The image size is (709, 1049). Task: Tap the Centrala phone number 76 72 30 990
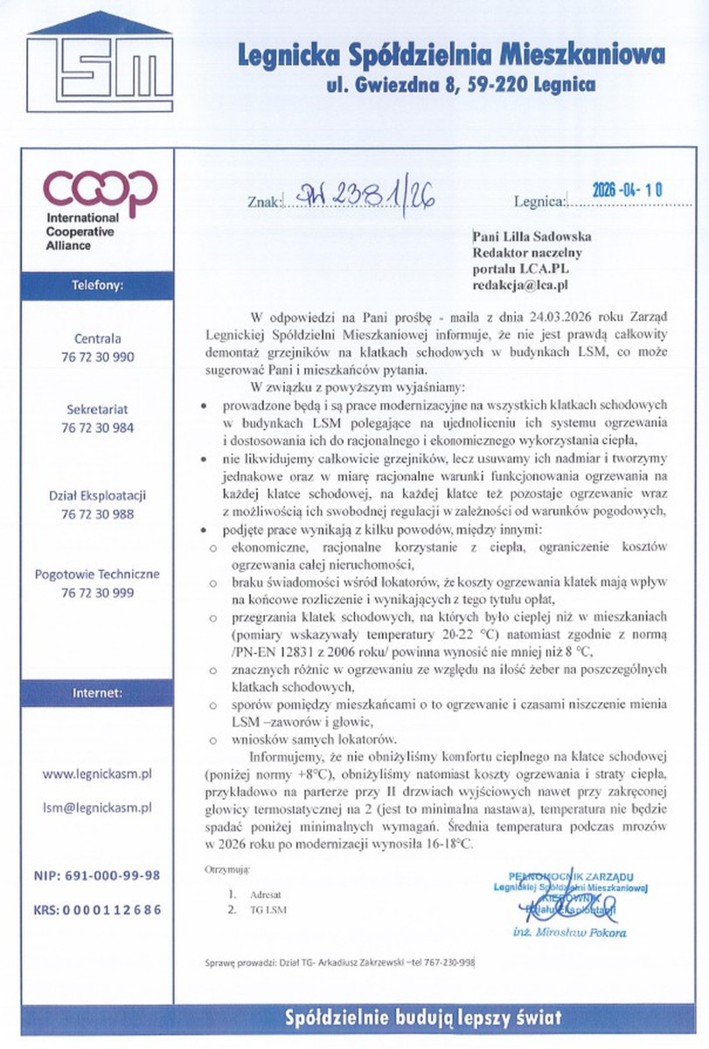98,357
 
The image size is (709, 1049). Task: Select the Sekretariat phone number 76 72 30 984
98,427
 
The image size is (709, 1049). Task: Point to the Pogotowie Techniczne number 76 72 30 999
98,593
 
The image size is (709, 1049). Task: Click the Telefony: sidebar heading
98,285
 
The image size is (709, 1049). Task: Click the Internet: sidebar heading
98,693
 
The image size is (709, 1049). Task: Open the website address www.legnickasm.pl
98,774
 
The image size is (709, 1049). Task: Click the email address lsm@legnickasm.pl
98,808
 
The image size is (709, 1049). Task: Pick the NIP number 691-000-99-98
98,875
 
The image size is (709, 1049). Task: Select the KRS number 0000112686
98,909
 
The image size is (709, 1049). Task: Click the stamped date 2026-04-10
627,189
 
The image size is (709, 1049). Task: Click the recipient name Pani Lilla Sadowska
532,236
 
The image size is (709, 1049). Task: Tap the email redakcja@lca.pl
520,284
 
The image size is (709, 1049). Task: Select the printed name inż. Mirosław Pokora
570,933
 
